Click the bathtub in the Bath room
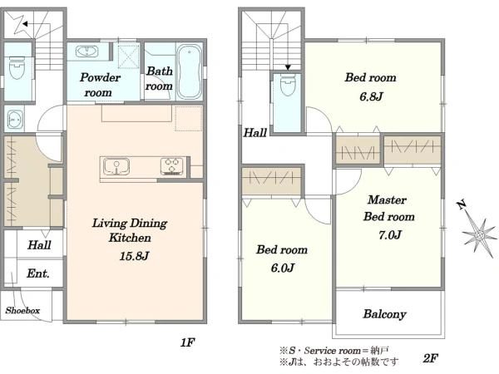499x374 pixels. click(189, 71)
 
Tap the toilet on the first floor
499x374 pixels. click(17, 67)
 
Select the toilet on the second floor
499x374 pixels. click(288, 85)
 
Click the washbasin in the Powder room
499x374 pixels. click(86, 52)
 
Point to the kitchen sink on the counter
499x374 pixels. click(116, 167)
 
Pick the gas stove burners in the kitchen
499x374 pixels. click(172, 166)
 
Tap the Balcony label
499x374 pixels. click(384, 314)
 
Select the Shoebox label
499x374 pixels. click(22, 310)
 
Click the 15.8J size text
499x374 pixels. click(134, 256)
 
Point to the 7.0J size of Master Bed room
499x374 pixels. click(389, 235)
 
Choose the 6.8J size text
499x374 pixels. click(371, 96)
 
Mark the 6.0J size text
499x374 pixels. click(282, 268)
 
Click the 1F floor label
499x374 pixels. click(187, 342)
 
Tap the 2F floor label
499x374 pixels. click(430, 359)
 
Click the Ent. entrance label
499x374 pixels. click(38, 273)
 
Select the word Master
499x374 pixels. click(387, 200)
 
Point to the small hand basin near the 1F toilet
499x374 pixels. click(15, 120)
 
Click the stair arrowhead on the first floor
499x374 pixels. click(25, 24)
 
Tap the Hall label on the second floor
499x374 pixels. click(255, 133)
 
